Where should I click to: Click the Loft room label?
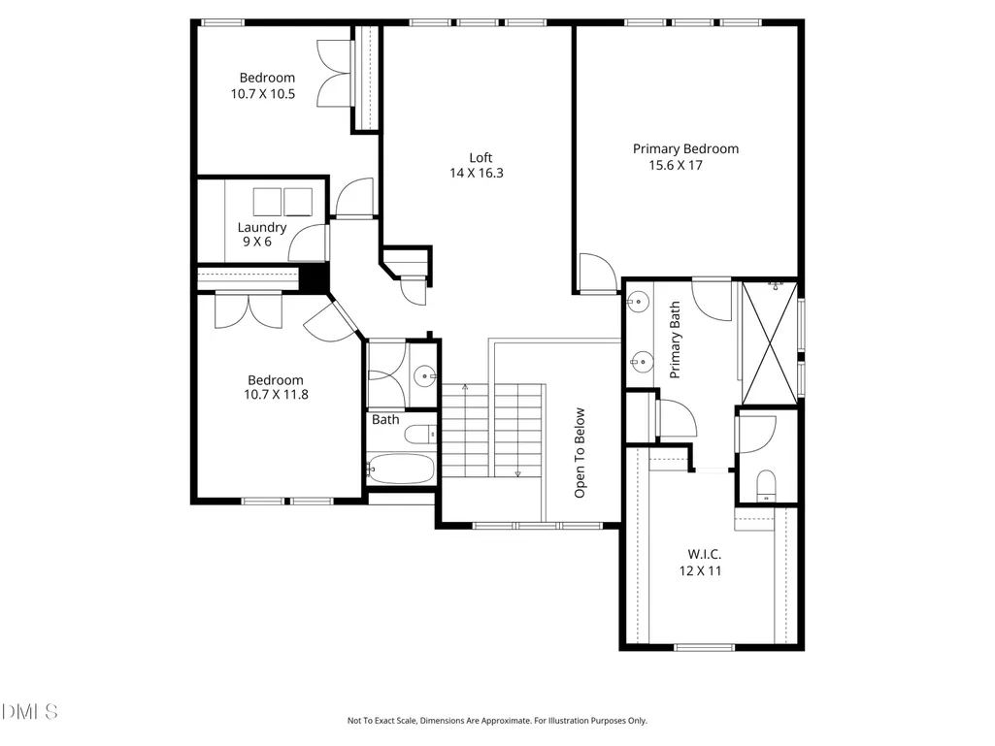click(x=481, y=157)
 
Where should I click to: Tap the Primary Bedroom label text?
click(x=685, y=149)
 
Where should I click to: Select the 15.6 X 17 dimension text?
click(x=676, y=166)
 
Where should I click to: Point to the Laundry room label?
click(x=262, y=227)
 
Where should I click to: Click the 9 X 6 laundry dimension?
click(x=257, y=242)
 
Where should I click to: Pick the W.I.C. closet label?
click(x=704, y=555)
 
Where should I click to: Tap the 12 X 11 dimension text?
click(x=701, y=571)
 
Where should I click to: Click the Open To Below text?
click(x=580, y=453)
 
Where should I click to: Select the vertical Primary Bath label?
click(x=675, y=340)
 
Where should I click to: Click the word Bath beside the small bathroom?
click(x=385, y=420)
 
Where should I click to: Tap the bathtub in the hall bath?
click(x=401, y=469)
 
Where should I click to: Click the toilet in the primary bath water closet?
click(x=767, y=485)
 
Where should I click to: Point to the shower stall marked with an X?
click(x=770, y=343)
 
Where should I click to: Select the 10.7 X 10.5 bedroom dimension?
click(x=263, y=94)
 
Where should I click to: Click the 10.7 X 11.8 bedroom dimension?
click(x=276, y=395)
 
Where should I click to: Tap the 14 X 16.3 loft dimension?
click(x=477, y=174)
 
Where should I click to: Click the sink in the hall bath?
click(x=424, y=376)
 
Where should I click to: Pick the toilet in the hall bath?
click(x=419, y=435)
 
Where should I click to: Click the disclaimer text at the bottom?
click(x=497, y=721)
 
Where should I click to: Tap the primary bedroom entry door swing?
click(x=598, y=273)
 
